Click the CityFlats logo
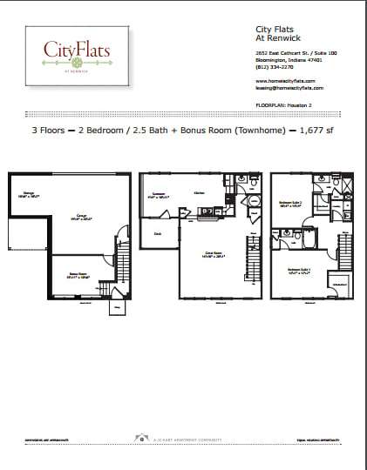coord(78,53)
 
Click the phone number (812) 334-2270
coord(261,66)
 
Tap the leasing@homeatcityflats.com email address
coord(283,88)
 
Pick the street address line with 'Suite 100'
coord(283,54)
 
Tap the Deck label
coord(158,233)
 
